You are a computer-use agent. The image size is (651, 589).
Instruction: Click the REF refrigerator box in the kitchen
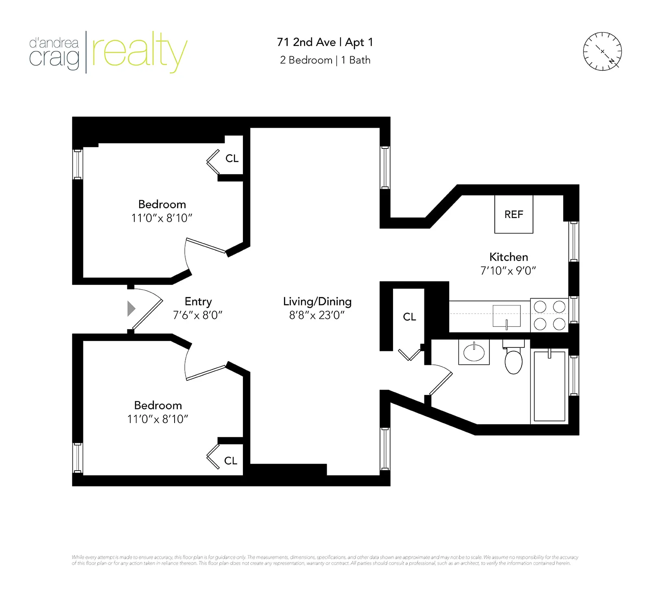coord(513,214)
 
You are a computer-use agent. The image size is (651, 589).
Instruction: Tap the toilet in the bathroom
coord(513,360)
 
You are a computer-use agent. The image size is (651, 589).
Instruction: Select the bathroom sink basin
coord(474,353)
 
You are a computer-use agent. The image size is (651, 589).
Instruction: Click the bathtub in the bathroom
coord(549,386)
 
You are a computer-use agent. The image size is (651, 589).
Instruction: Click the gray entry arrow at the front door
coord(131,309)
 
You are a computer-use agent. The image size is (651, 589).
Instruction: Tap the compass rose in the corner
coord(602,52)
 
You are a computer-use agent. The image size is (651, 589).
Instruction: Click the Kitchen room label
coord(509,257)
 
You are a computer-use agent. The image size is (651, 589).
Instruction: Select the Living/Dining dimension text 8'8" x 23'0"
coord(317,315)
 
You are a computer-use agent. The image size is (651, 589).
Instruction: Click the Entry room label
coord(198,301)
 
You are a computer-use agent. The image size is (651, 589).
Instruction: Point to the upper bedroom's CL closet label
coord(232,158)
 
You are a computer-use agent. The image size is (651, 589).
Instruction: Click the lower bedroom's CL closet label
coord(231,461)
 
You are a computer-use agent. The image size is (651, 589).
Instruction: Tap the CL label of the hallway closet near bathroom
coord(409,317)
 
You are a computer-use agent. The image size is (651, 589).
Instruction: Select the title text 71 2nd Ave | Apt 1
coord(325,42)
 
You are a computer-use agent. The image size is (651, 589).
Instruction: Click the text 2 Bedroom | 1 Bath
coord(325,60)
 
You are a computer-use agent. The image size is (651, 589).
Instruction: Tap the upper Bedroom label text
coord(162,204)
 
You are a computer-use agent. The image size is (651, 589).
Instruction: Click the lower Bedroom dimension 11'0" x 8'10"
coord(157,419)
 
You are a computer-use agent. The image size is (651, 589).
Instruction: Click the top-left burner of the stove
coord(540,307)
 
